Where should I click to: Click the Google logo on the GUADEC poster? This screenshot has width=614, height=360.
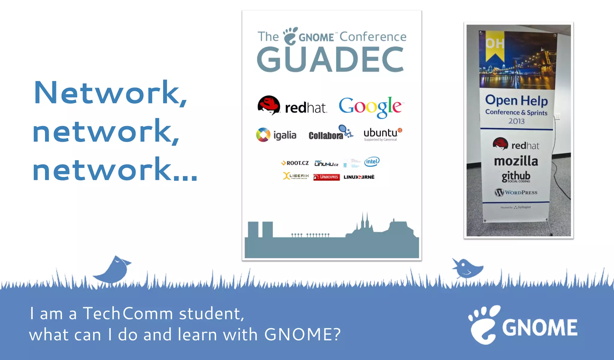pos(371,107)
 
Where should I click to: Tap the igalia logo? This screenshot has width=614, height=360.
pos(276,135)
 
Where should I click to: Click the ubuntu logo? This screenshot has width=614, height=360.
pos(382,134)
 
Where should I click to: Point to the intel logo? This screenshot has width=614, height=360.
pos(372,162)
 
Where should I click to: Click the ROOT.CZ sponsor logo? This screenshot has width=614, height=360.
pos(295,163)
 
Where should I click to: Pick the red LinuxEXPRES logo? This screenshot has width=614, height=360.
pos(326,177)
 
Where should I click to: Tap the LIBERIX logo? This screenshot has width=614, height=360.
pos(296,176)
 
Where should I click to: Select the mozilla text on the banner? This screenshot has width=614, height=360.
pos(516,161)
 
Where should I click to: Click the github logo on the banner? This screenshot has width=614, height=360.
pos(516,176)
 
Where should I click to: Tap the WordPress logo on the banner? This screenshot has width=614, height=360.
pos(516,192)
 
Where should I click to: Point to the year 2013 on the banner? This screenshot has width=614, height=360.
pos(516,121)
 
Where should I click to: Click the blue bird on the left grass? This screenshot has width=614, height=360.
pos(113,270)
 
